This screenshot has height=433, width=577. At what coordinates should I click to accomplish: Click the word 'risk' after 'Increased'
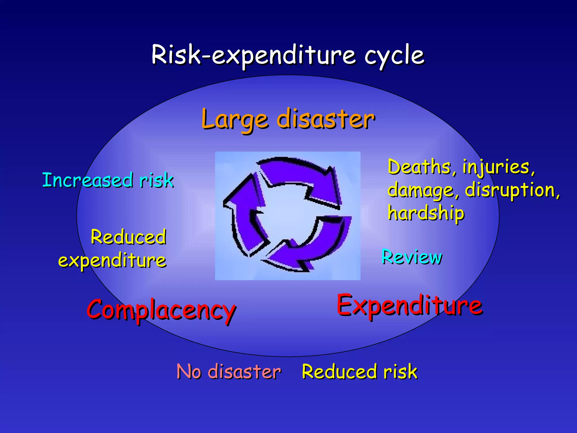point(156,180)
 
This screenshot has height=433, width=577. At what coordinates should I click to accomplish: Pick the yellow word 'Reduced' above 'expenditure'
point(128,237)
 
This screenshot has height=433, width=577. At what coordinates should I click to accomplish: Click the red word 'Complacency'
point(161,310)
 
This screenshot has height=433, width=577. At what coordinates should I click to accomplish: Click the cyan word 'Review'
point(412,257)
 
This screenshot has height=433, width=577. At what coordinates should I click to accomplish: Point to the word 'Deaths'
point(420,167)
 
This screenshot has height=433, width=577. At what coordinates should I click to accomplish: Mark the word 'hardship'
point(426,213)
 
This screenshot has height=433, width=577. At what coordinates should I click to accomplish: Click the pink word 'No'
point(189,372)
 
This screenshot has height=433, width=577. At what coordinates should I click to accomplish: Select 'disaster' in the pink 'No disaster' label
point(244,372)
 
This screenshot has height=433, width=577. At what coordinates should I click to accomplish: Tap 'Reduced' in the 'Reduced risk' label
point(339,372)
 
